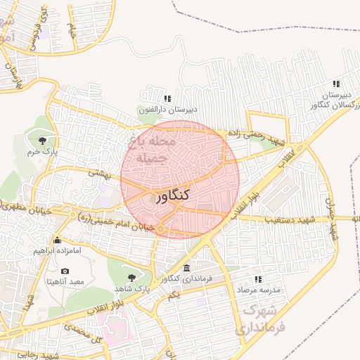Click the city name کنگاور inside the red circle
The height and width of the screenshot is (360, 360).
171,196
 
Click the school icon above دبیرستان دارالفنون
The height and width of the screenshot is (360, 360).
167,98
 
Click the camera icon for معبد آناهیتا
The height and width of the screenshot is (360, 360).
65,271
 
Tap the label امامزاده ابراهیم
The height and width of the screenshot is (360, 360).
58,250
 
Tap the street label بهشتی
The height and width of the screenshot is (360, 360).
99,172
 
